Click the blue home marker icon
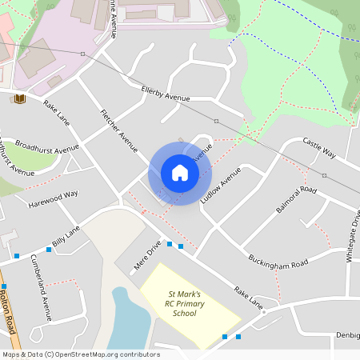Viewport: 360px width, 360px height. coord(180,173)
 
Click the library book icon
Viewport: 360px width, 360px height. coord(20,98)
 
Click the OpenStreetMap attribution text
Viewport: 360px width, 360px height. coord(80,354)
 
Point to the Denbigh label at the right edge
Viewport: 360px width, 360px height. coord(348,334)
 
